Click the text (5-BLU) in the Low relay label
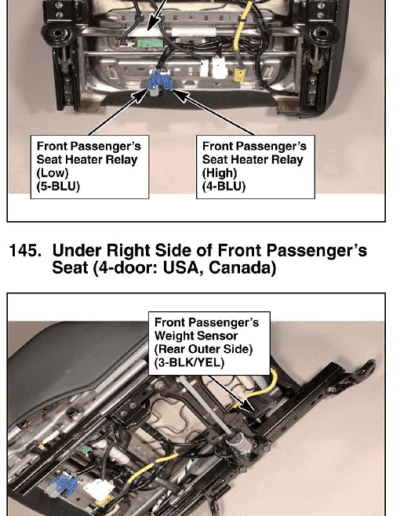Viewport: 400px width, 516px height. (x=58, y=186)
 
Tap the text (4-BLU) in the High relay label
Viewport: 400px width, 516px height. (x=224, y=186)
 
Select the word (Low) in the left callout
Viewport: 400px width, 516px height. (x=52, y=173)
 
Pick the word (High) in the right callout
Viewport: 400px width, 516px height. (x=219, y=173)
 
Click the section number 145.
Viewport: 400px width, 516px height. (x=25, y=251)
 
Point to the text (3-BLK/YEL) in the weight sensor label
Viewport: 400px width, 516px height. (x=189, y=362)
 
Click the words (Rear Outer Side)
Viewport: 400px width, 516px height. (x=203, y=349)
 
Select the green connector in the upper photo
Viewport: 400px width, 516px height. (x=150, y=43)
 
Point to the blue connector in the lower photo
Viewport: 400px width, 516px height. (x=64, y=484)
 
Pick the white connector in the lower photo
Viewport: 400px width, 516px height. (x=99, y=490)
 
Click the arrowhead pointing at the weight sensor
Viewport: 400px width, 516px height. (x=248, y=407)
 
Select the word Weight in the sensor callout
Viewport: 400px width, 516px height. (x=175, y=336)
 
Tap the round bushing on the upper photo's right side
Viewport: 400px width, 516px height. (x=322, y=33)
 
